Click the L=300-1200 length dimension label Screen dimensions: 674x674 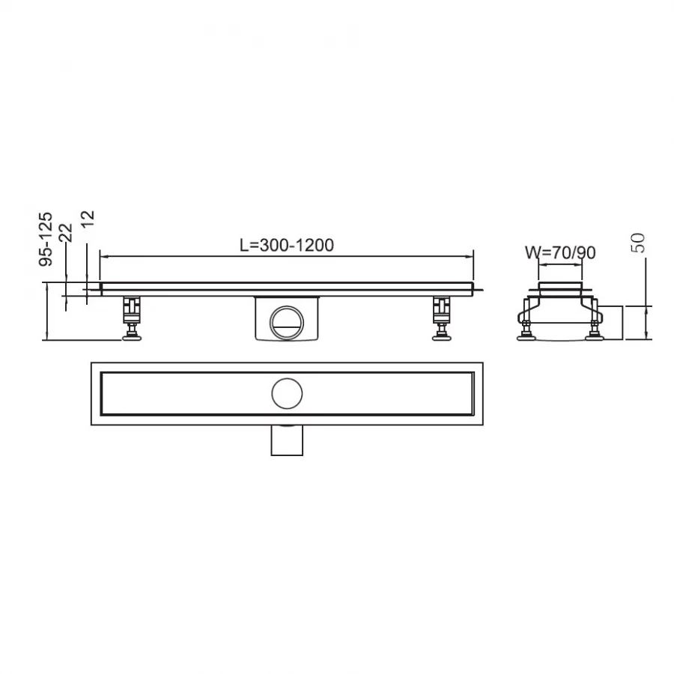[286, 245]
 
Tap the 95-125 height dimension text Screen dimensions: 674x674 [46, 239]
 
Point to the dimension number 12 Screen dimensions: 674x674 [87, 219]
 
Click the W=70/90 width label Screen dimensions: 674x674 [560, 252]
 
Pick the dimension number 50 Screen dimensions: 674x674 [639, 243]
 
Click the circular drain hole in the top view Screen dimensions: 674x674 [287, 392]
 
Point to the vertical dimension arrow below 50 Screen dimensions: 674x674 [646, 322]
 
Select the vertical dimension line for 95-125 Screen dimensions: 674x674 [48, 312]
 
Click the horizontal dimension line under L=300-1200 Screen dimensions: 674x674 [287, 256]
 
